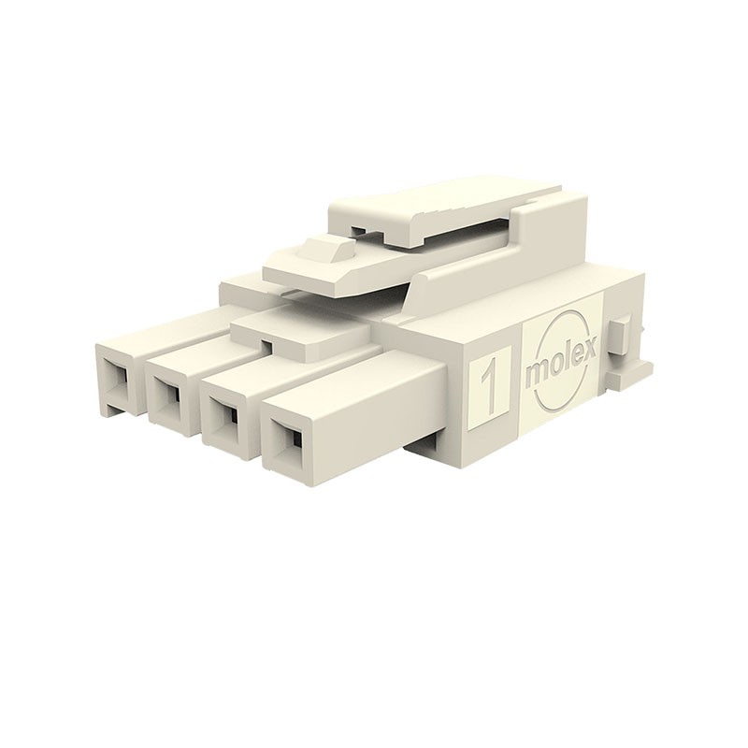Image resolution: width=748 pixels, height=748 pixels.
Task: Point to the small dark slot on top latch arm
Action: coord(359,227)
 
